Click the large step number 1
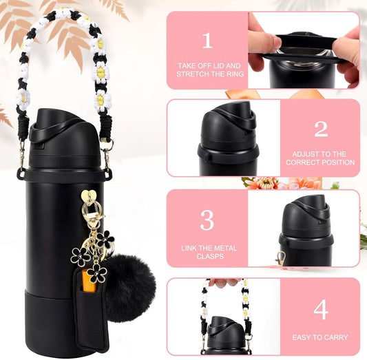[x=208, y=41]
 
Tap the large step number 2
[x=321, y=129]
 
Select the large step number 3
[x=207, y=220]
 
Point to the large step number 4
[x=321, y=310]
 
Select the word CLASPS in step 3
[x=210, y=256]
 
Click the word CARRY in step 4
[x=336, y=337]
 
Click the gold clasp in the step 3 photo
[x=281, y=259]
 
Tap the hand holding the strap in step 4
[x=224, y=282]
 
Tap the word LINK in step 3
[x=188, y=248]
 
